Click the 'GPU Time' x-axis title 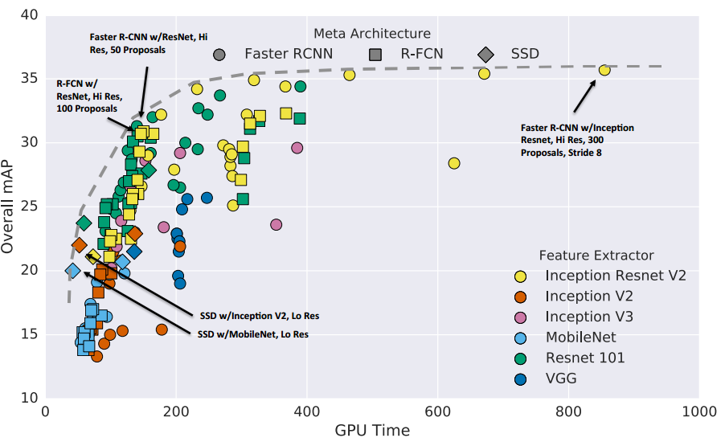(x=372, y=430)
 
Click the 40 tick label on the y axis (x=30, y=15)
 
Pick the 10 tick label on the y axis (x=30, y=398)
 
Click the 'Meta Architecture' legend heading (x=372, y=34)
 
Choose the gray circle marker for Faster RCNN (x=219, y=55)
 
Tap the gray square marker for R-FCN (x=375, y=55)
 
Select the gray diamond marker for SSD (x=485, y=55)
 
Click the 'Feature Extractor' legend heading (x=596, y=256)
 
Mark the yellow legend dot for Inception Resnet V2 (x=521, y=276)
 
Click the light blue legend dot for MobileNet (x=521, y=338)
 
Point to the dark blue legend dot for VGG (x=521, y=379)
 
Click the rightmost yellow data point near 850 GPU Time (x=604, y=70)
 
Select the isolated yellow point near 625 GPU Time (x=454, y=163)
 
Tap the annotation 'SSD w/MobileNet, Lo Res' (x=253, y=334)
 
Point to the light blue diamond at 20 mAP (x=72, y=271)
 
